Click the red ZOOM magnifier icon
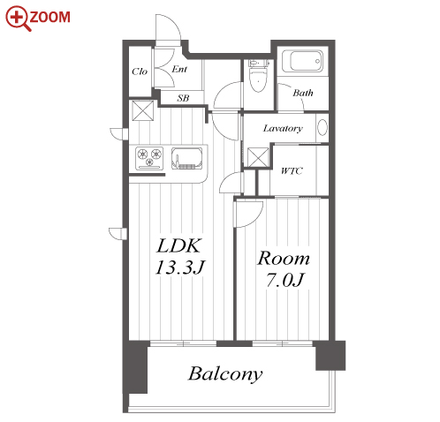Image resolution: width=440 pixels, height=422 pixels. click(18, 19)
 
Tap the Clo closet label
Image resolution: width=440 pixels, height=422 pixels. click(140, 72)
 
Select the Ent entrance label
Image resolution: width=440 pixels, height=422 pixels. click(179, 69)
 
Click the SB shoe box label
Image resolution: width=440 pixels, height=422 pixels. click(183, 98)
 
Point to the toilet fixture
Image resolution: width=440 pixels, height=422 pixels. click(258, 76)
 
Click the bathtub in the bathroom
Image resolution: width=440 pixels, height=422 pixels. click(302, 61)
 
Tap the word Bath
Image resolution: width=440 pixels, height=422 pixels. click(303, 93)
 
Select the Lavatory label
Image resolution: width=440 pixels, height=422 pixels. click(283, 128)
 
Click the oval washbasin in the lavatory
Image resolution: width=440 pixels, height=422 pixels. click(322, 127)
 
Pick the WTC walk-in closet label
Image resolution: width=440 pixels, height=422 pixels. click(292, 170)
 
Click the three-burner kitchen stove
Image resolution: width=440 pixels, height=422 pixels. click(149, 158)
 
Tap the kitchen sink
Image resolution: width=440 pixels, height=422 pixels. click(187, 158)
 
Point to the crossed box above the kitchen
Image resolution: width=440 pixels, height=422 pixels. click(143, 110)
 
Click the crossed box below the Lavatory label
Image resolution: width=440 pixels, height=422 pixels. click(258, 158)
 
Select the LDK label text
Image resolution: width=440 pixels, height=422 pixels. click(179, 246)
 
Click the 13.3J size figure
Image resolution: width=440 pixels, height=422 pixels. click(180, 268)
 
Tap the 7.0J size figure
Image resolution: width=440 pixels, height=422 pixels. click(284, 280)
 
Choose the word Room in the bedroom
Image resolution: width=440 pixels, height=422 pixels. click(284, 259)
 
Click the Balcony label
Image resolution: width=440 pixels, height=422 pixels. click(225, 374)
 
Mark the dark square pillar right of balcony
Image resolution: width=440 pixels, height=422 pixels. click(330, 356)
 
